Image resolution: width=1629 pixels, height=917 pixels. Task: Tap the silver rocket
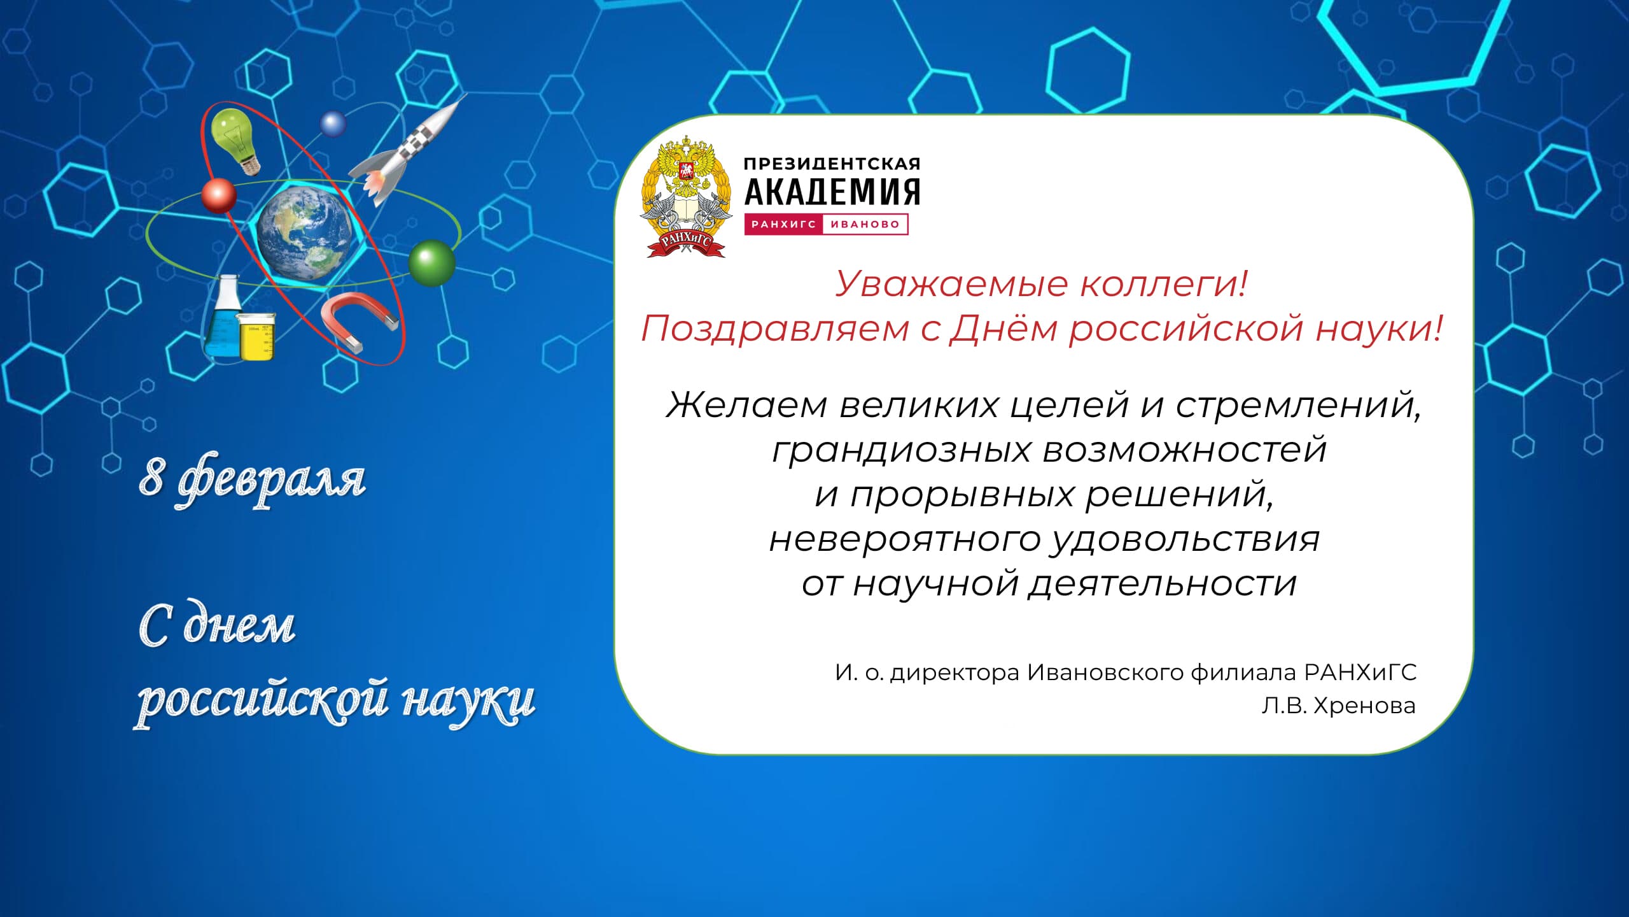coord(407,150)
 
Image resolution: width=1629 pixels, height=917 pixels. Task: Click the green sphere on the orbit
coord(431,262)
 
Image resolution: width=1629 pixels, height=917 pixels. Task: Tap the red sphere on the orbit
coord(219,195)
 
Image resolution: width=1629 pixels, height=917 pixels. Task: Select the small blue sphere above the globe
coord(333,124)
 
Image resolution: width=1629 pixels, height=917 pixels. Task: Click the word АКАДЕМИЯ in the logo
coord(832,192)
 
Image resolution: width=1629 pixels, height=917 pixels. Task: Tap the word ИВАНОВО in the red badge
coord(865,224)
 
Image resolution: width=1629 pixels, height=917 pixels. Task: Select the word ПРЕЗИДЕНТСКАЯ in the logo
coord(832,164)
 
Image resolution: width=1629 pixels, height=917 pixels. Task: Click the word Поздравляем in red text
coord(775,329)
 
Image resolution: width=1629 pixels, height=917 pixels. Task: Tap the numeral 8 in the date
coord(151,476)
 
